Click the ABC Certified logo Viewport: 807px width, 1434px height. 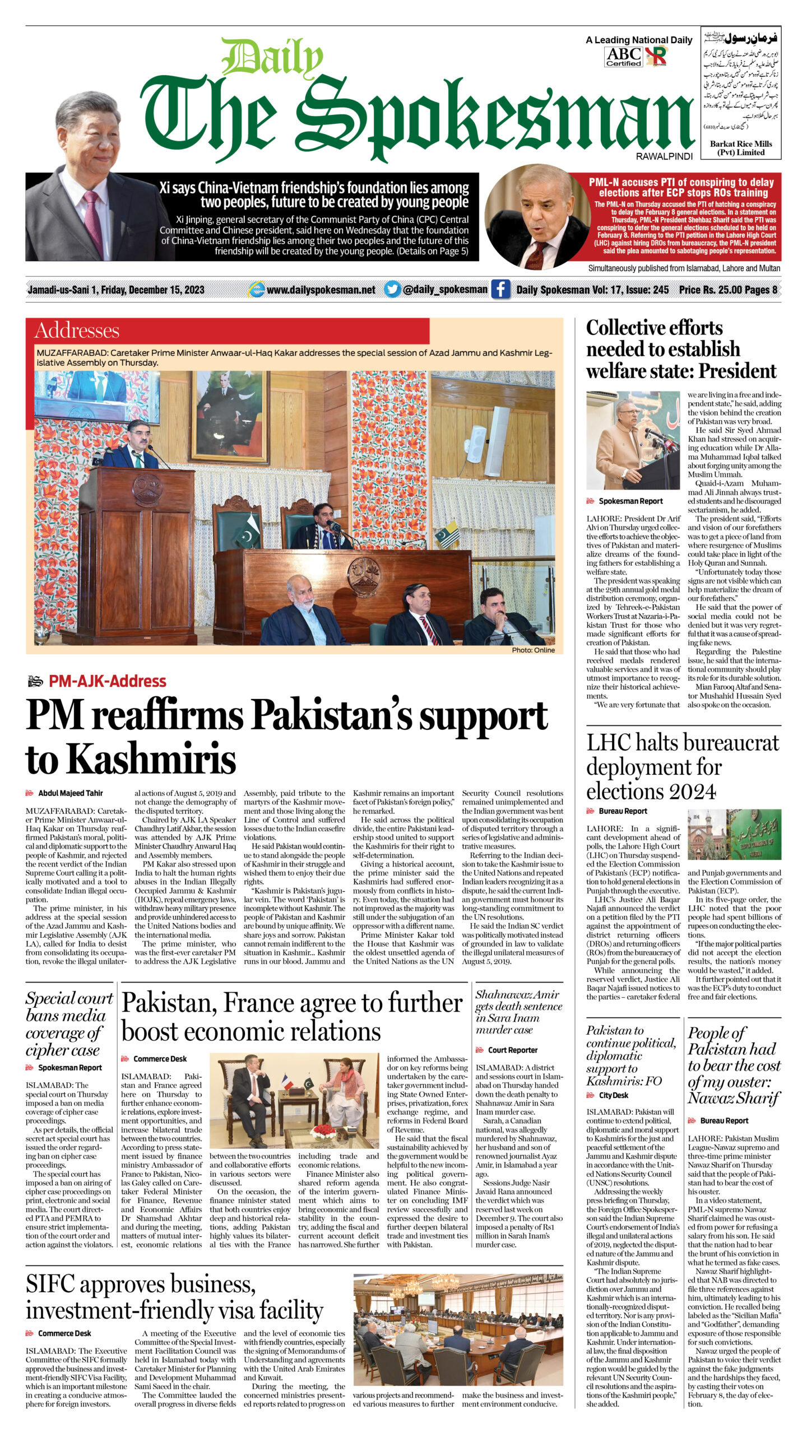(x=623, y=57)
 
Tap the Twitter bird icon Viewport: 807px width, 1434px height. (x=392, y=289)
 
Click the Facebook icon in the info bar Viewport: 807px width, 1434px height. (x=500, y=289)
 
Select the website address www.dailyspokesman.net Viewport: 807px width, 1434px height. (x=321, y=290)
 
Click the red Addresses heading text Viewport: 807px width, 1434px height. (x=77, y=330)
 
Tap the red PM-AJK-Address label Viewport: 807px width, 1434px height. (x=108, y=681)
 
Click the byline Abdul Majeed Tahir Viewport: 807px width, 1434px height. (x=70, y=793)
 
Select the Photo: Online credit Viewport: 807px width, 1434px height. (x=533, y=650)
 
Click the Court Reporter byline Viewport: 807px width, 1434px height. (x=512, y=1050)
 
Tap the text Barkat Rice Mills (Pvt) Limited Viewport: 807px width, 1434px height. (x=740, y=148)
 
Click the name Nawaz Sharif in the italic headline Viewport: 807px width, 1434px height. (x=734, y=1098)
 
